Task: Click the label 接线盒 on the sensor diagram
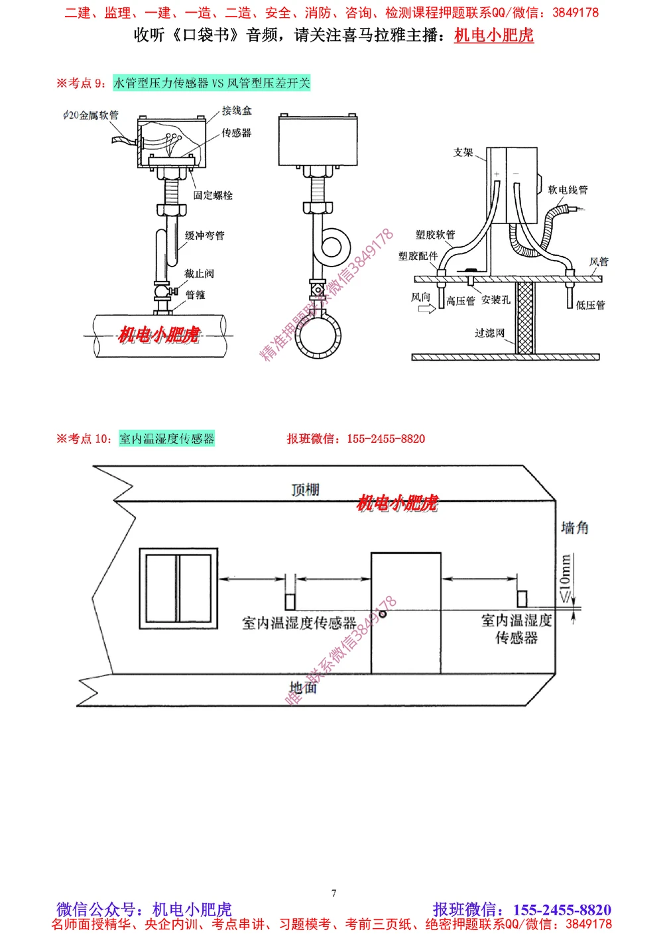click(x=236, y=111)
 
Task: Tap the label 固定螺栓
click(x=213, y=195)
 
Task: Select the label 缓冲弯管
click(x=204, y=235)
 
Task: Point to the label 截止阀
click(x=199, y=273)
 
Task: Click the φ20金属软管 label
click(x=91, y=115)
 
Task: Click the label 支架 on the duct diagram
click(x=463, y=152)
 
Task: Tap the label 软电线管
click(x=568, y=190)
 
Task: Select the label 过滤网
click(x=489, y=333)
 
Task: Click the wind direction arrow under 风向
click(x=426, y=309)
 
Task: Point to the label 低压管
click(x=590, y=305)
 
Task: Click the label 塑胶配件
click(x=418, y=256)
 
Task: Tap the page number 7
click(x=333, y=893)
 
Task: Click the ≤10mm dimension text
click(x=565, y=578)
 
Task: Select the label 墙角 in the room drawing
click(x=574, y=528)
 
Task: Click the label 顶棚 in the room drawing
click(x=305, y=490)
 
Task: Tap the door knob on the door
click(x=383, y=615)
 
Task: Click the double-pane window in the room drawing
click(x=178, y=588)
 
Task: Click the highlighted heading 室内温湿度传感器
click(x=166, y=439)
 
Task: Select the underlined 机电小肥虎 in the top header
click(x=493, y=35)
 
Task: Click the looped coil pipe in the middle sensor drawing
click(x=331, y=247)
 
